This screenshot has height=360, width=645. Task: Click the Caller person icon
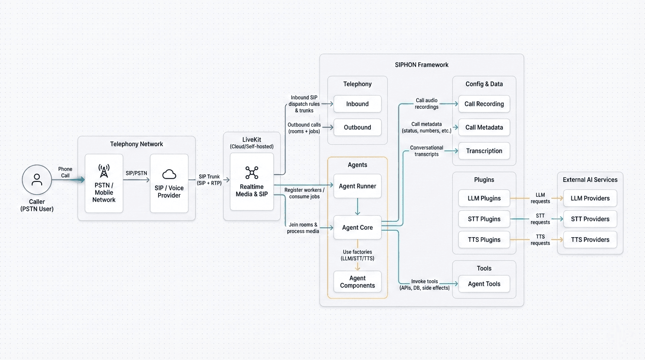pyautogui.click(x=37, y=180)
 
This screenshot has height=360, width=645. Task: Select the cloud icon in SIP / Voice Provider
pyautogui.click(x=169, y=174)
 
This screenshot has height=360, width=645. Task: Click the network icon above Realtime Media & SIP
pyautogui.click(x=252, y=172)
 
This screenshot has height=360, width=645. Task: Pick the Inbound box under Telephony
pyautogui.click(x=357, y=104)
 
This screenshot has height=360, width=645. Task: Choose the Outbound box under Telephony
pyautogui.click(x=357, y=127)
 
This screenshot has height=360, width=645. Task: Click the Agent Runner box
pyautogui.click(x=357, y=186)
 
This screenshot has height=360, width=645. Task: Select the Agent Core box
pyautogui.click(x=357, y=227)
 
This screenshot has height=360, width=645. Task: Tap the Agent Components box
pyautogui.click(x=357, y=282)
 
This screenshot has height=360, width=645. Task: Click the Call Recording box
pyautogui.click(x=484, y=104)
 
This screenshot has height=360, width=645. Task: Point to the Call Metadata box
pyautogui.click(x=484, y=127)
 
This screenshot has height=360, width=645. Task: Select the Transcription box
pyautogui.click(x=484, y=151)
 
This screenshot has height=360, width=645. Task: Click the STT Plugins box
pyautogui.click(x=484, y=219)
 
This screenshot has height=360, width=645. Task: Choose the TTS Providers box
pyautogui.click(x=590, y=240)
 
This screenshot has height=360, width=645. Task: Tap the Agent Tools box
pyautogui.click(x=484, y=284)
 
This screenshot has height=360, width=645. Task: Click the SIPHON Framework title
pyautogui.click(x=421, y=65)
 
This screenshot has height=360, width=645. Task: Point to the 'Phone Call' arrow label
pyautogui.click(x=65, y=172)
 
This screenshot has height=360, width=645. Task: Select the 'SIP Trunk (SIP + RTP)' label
pyautogui.click(x=210, y=180)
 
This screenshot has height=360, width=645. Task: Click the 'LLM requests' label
pyautogui.click(x=540, y=198)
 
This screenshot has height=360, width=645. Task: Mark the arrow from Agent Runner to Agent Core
pyautogui.click(x=358, y=207)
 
